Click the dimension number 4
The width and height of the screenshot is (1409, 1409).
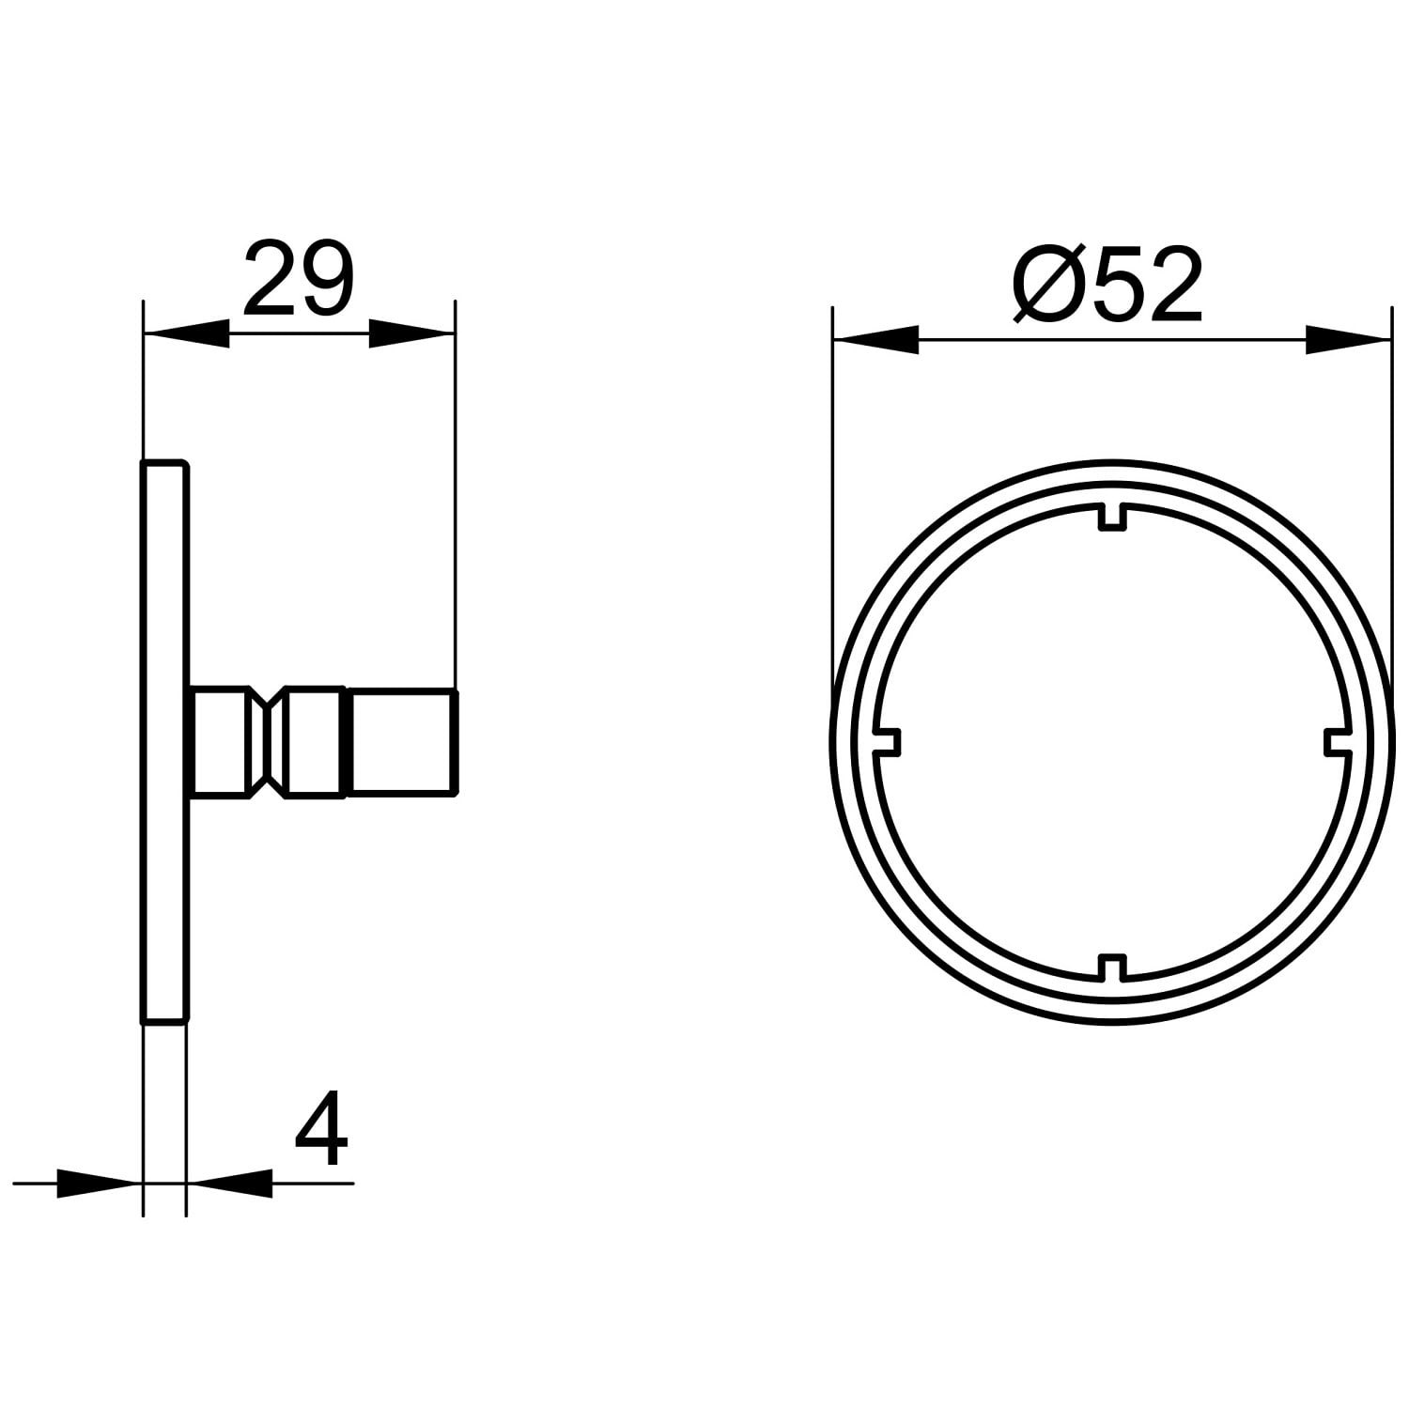(321, 1130)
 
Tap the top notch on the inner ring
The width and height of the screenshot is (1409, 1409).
(1112, 518)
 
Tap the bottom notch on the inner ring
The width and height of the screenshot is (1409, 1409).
(1112, 967)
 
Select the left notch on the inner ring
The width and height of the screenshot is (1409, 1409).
(888, 741)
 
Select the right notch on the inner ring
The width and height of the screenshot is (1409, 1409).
(1337, 741)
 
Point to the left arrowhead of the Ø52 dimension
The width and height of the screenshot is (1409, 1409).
(876, 339)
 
